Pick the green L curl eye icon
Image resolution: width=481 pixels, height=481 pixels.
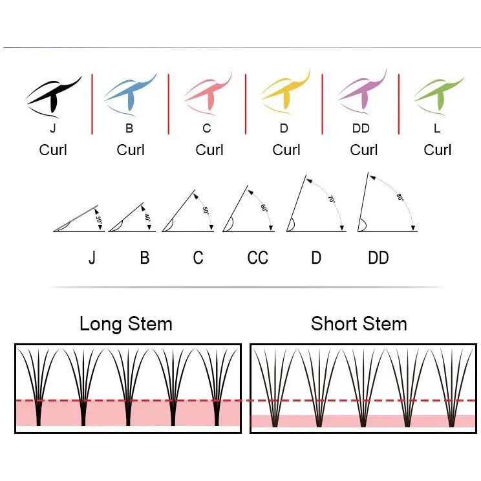pyautogui.click(x=439, y=95)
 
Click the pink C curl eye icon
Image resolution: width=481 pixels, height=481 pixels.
pyautogui.click(x=209, y=94)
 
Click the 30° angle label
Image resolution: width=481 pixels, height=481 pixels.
pyautogui.click(x=99, y=220)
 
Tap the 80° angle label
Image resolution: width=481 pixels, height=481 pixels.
pyautogui.click(x=400, y=197)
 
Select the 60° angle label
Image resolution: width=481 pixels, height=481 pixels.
pyautogui.click(x=264, y=208)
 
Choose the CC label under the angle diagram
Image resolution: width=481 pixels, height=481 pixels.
pyautogui.click(x=258, y=258)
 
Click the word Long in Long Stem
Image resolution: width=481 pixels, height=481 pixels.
pyautogui.click(x=100, y=325)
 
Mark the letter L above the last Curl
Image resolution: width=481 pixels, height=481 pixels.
pyautogui.click(x=437, y=128)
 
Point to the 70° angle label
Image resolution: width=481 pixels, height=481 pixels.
pyautogui.click(x=331, y=199)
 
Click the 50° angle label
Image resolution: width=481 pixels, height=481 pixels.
pyautogui.click(x=206, y=211)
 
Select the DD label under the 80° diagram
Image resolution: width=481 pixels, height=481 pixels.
pyautogui.click(x=378, y=258)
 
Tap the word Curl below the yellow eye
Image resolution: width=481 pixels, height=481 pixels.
pyautogui.click(x=286, y=150)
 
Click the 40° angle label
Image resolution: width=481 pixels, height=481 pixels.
pyautogui.click(x=147, y=217)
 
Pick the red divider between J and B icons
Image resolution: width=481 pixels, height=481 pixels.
pyautogui.click(x=92, y=104)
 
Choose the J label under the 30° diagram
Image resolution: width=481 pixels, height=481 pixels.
pyautogui.click(x=92, y=258)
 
